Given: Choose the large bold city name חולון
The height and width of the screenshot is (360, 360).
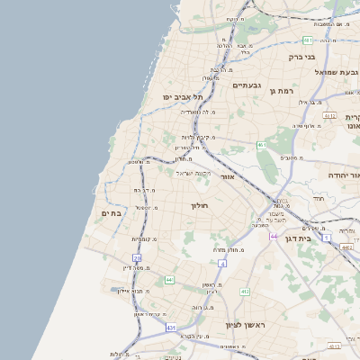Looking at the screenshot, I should click(x=199, y=206).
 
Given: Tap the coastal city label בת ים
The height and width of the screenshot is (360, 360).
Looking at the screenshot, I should click(x=110, y=212).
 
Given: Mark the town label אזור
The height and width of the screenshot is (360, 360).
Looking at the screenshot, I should click(x=227, y=176).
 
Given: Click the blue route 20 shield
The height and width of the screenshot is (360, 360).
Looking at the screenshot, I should click(x=138, y=258).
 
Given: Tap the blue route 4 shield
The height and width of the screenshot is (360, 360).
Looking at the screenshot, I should click(x=222, y=263).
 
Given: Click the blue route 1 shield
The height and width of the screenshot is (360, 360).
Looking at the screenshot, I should click(x=327, y=237).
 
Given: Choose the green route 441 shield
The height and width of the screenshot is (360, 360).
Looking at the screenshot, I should click(x=169, y=280).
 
